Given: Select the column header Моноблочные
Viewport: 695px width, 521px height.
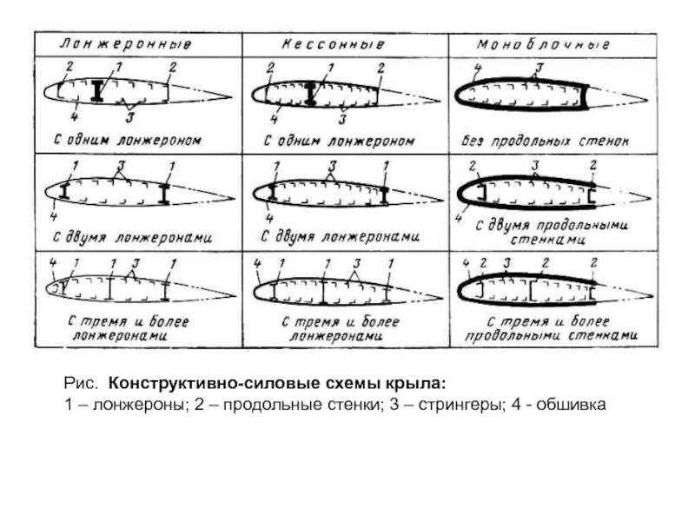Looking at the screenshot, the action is (544, 43).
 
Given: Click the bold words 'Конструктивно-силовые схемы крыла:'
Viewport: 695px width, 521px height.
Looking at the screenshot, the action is (276, 383).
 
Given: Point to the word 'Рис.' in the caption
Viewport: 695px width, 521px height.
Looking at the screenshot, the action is (81, 383).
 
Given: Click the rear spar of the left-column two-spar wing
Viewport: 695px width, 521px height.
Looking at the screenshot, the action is (165, 193).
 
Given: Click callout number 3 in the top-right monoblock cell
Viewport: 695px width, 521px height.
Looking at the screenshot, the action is (539, 68).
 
